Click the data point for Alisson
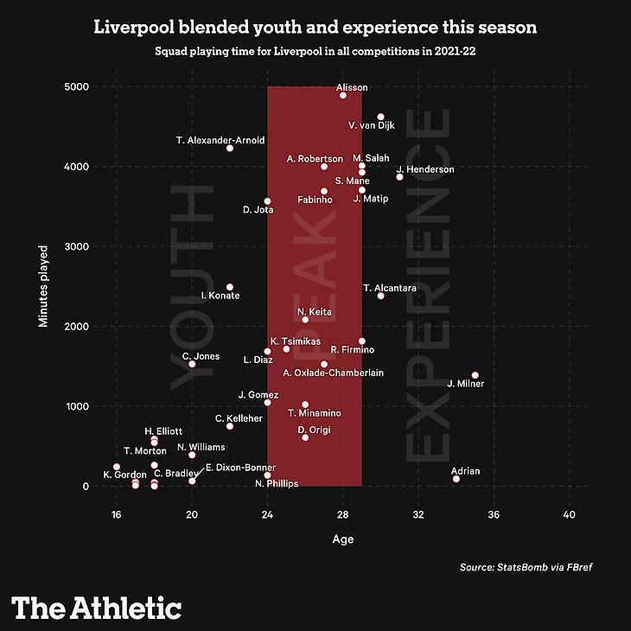(x=343, y=95)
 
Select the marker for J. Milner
(x=475, y=375)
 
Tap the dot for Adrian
(x=456, y=479)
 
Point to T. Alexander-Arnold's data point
(x=230, y=149)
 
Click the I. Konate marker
(x=230, y=287)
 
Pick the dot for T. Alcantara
(x=380, y=296)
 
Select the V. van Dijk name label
(x=372, y=126)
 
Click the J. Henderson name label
(x=425, y=169)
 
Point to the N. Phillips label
(x=277, y=483)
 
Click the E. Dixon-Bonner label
(x=240, y=468)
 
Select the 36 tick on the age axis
(x=494, y=515)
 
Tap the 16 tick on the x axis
(x=116, y=515)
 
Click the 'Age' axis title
(x=343, y=539)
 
